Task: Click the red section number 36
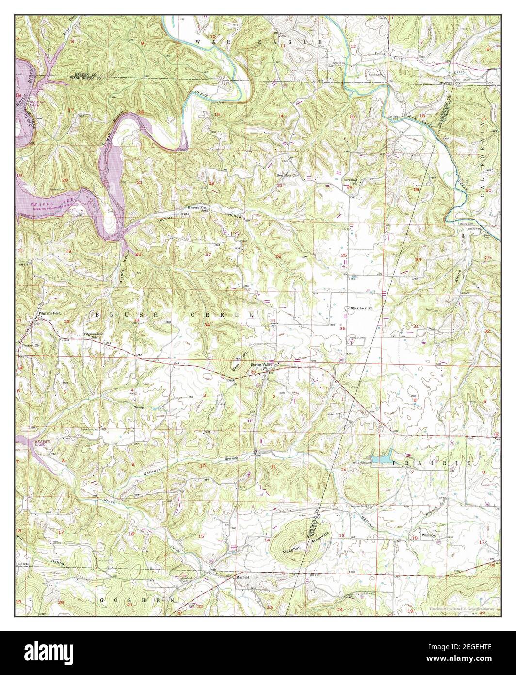pyautogui.click(x=343, y=329)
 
